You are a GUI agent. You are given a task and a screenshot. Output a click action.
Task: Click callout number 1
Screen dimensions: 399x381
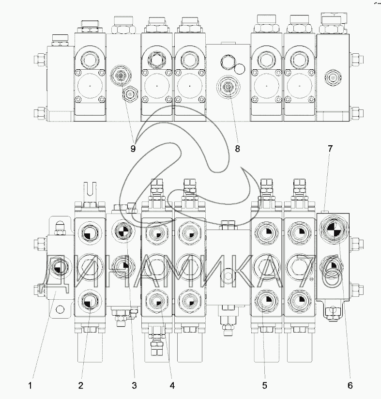coord(30,385)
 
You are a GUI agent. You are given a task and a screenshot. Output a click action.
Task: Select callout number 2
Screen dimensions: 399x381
coord(81,385)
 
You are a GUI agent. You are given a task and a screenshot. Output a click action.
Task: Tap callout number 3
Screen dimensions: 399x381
coord(134,385)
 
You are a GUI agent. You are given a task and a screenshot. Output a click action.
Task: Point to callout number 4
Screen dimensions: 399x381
coord(172,385)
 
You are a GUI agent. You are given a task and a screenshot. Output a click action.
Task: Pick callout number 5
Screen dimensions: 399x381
coord(265,385)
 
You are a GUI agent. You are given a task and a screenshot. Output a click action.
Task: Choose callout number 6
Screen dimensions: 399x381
coord(350,385)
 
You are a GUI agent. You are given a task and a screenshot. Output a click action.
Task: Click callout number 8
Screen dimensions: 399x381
coord(237,149)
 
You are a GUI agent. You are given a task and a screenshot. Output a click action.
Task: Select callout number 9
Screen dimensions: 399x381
coord(133,149)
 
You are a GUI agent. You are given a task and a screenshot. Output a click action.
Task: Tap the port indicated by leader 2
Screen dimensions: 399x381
coord(88,304)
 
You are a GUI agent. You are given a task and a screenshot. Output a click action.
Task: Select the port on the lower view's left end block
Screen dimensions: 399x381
coord(59,265)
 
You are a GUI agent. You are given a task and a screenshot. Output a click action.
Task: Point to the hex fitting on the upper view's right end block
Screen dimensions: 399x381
coord(333,77)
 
